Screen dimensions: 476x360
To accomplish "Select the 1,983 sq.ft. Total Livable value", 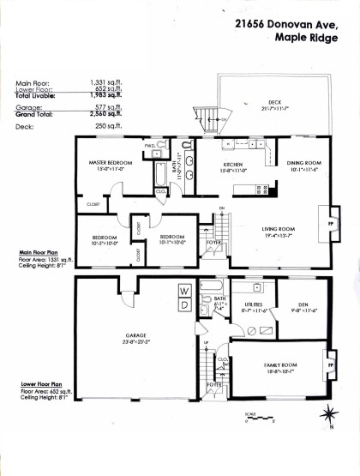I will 107,95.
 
